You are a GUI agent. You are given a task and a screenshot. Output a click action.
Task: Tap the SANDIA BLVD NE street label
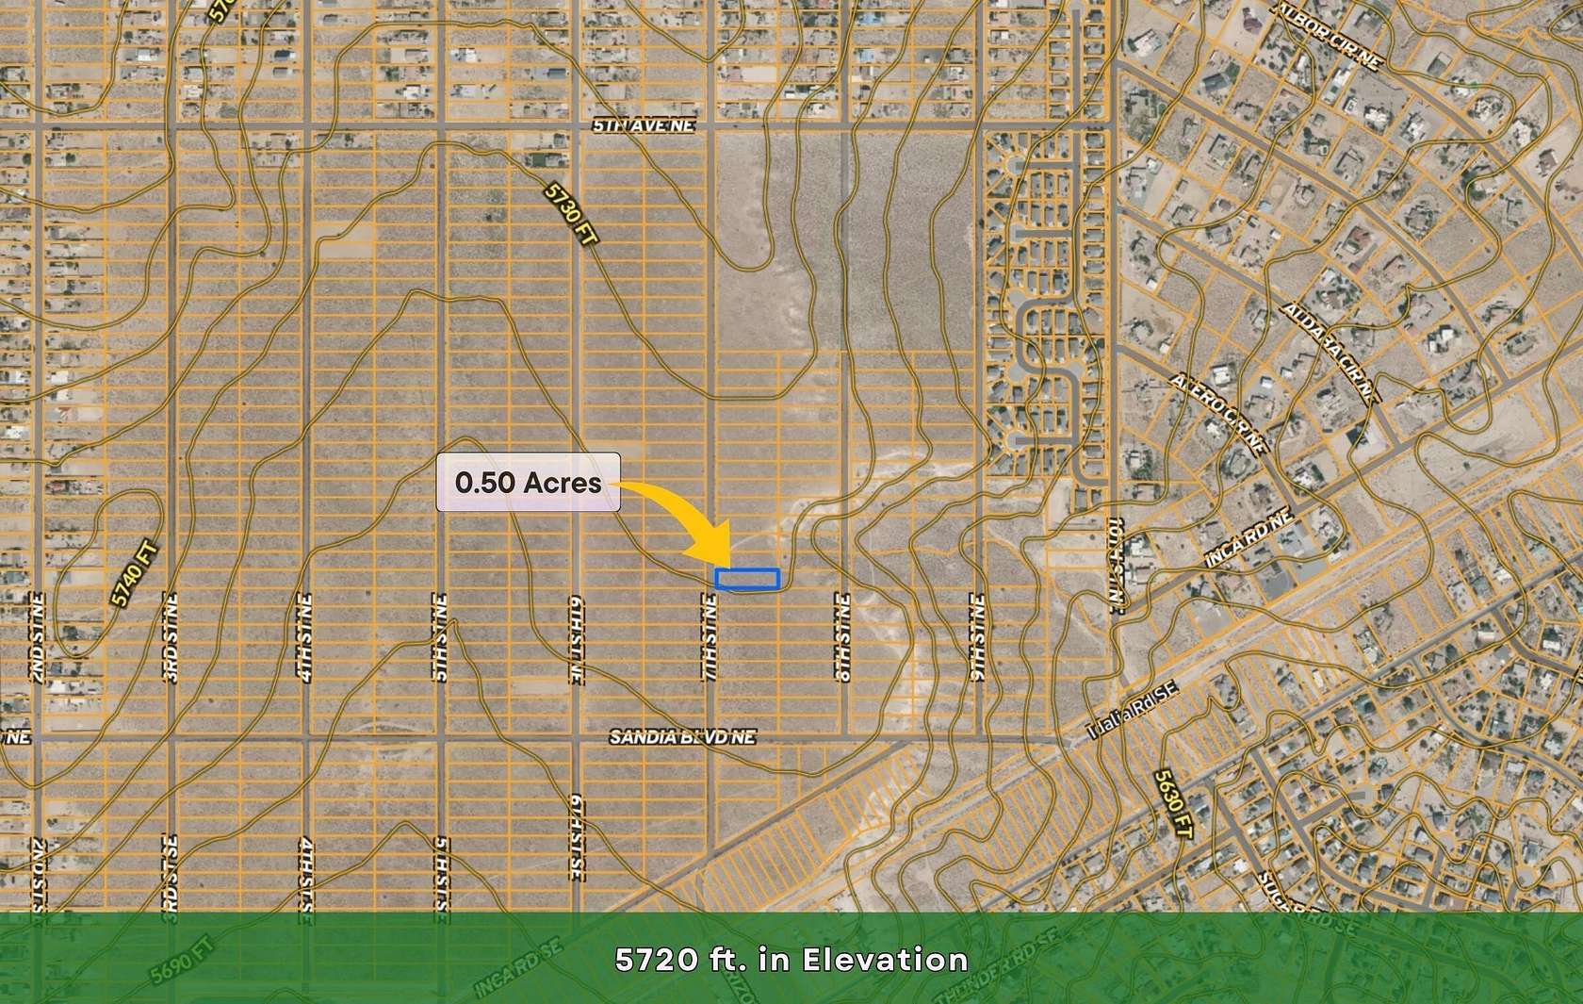(682, 737)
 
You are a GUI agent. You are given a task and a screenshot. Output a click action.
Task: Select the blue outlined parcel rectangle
(747, 579)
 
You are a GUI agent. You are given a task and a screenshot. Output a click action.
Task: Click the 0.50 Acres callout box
(528, 482)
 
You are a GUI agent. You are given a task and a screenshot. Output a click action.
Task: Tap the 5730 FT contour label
(572, 215)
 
